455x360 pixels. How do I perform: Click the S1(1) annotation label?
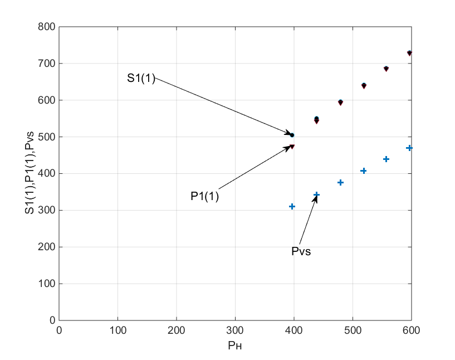(x=141, y=79)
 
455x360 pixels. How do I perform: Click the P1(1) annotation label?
(x=205, y=196)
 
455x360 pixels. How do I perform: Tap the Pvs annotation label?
(x=301, y=251)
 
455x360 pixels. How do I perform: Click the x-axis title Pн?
(x=236, y=346)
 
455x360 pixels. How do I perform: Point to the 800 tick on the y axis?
(x=47, y=27)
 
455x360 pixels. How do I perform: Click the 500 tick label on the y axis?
(x=47, y=137)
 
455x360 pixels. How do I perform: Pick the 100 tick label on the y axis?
(x=47, y=284)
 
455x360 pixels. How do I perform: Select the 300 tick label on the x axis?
(x=177, y=330)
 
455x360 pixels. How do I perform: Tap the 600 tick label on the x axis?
(x=411, y=330)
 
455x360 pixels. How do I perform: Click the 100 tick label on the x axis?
(x=118, y=330)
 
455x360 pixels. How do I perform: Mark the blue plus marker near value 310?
(x=292, y=206)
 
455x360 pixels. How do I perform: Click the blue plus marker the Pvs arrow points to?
(x=317, y=194)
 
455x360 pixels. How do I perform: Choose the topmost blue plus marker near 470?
(x=409, y=148)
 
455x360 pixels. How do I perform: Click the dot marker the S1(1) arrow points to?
(x=292, y=135)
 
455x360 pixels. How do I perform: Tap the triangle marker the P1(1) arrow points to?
(x=292, y=147)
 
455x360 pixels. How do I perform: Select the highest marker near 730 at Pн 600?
(x=409, y=53)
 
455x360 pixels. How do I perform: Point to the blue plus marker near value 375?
(x=341, y=182)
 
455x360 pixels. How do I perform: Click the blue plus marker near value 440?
(x=386, y=159)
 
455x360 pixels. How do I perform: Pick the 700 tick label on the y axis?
(x=47, y=64)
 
